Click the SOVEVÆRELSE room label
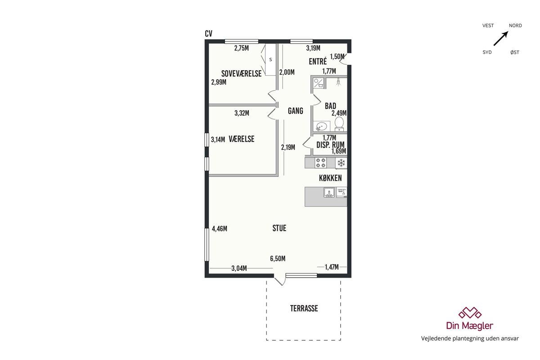tap(241, 73)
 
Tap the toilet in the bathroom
tap(339, 124)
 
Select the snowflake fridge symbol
tap(341, 163)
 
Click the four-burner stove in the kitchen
tap(320, 162)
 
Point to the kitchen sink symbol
tap(329, 193)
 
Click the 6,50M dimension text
tap(278, 259)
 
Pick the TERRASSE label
tap(304, 308)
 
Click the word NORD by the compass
tap(515, 26)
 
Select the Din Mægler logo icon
tap(470, 313)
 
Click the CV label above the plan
tap(208, 34)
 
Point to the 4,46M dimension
tap(220, 229)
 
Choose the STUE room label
tap(279, 228)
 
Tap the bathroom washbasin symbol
tap(322, 126)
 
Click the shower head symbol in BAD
tap(338, 82)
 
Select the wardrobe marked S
tap(270, 59)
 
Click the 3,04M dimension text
tap(239, 268)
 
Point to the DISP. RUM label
tap(330, 145)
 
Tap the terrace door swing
tap(280, 279)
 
